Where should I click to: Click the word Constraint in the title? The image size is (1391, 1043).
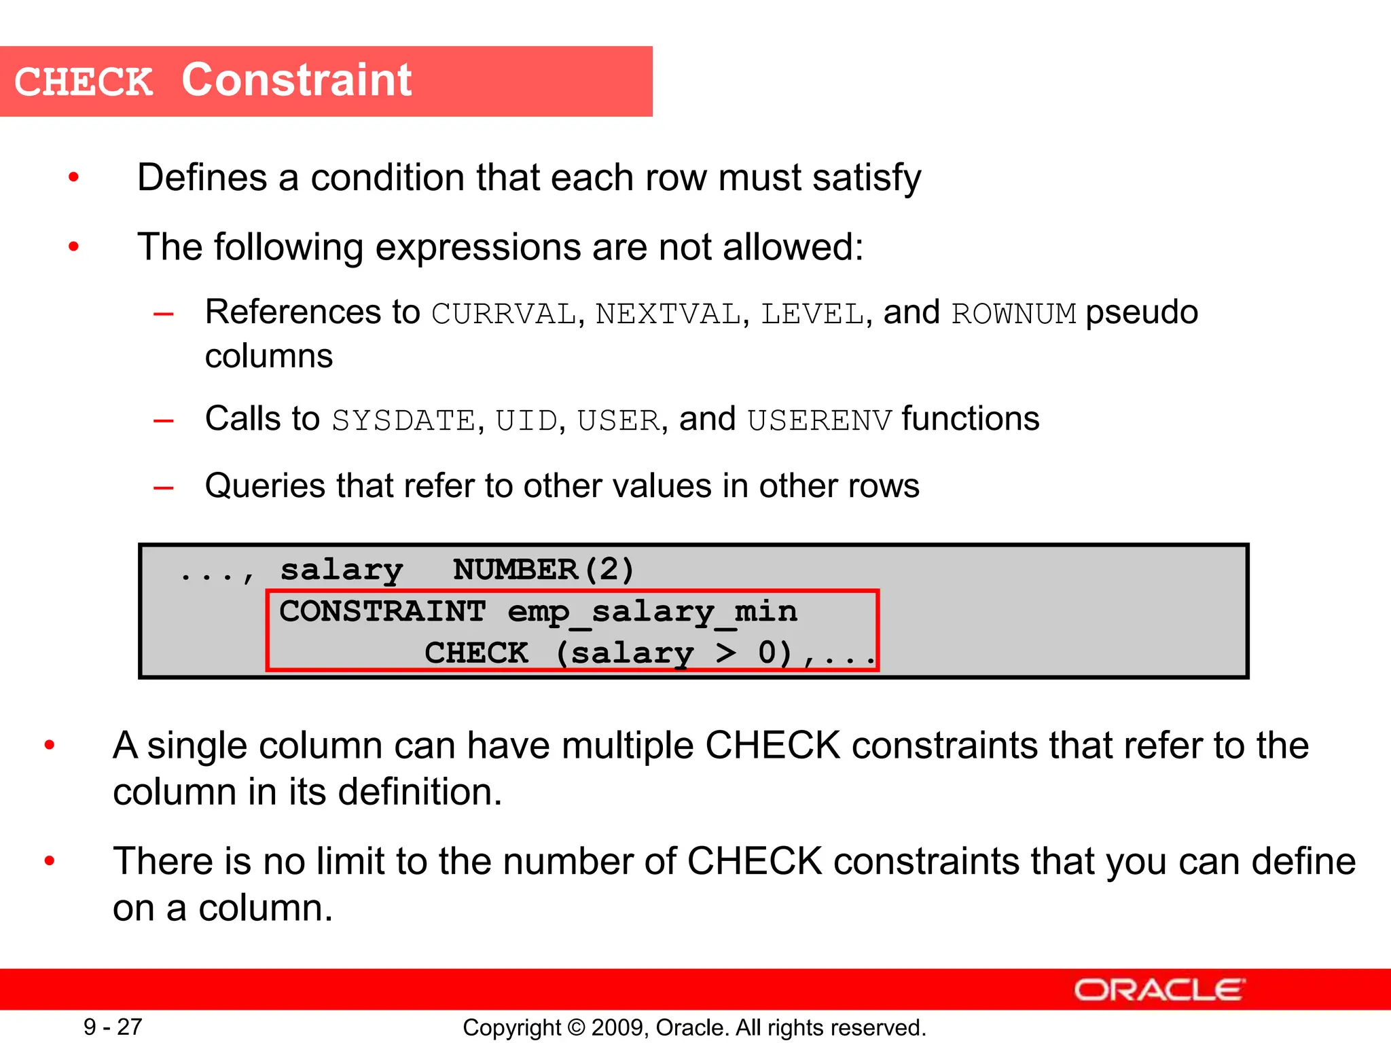point(296,81)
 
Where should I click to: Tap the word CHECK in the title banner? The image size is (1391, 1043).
point(84,82)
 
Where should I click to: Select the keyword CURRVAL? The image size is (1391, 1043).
point(503,314)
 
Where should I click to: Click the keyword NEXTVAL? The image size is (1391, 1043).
point(668,314)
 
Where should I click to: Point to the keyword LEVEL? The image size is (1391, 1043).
point(812,314)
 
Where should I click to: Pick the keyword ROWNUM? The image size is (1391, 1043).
point(1013,314)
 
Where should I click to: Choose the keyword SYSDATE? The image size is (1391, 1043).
point(403,421)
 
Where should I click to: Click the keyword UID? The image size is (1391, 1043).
point(526,421)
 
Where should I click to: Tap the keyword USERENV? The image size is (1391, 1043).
point(819,421)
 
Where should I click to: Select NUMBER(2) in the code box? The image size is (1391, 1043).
point(543,570)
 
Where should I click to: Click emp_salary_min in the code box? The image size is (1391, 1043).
point(652,612)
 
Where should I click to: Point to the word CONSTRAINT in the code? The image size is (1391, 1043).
point(382,612)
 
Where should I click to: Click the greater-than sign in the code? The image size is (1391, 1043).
point(725,653)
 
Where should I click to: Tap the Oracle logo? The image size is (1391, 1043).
point(1159,990)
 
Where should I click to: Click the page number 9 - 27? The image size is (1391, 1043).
point(113,1027)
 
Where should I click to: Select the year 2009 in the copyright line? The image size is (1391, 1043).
point(613,1027)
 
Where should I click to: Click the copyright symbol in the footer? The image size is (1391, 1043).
point(576,1027)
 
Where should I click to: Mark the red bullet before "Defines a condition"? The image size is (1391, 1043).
point(73,178)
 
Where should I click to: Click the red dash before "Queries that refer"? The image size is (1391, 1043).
point(164,488)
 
